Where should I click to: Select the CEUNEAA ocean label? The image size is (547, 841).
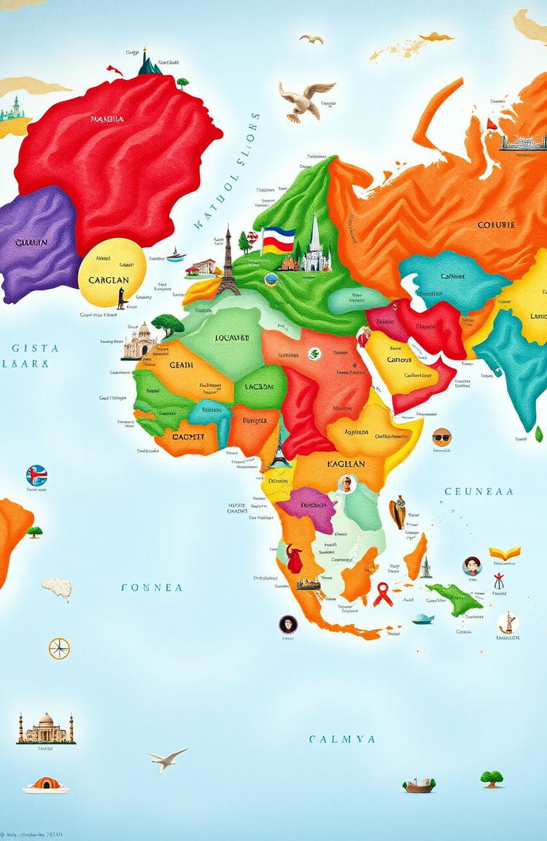(479, 492)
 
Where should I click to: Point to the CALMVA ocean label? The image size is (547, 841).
(342, 739)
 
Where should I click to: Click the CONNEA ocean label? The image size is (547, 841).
(152, 587)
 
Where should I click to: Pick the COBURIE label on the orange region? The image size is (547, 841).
(496, 225)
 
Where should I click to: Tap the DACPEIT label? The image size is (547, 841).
(179, 437)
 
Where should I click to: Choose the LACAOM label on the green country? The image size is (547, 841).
(259, 387)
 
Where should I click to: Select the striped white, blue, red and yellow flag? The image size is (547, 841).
(279, 239)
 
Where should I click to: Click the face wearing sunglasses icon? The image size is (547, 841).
(441, 437)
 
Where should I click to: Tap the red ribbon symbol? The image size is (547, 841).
(383, 595)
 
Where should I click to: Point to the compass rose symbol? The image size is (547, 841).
(59, 648)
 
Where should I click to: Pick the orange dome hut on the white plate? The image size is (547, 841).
(45, 784)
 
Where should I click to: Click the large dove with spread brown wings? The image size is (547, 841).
(304, 98)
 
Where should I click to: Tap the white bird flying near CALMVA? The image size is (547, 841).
(168, 759)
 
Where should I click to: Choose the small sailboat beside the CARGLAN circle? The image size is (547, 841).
(176, 255)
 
